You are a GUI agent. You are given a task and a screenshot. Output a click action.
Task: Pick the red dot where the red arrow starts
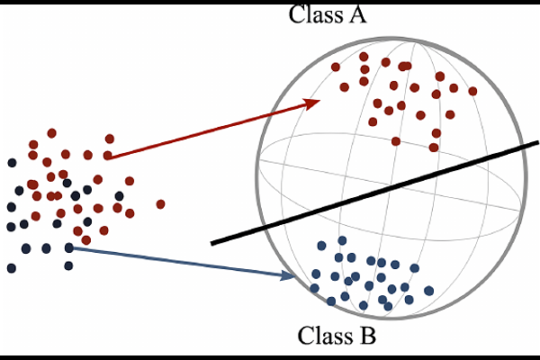tap(107, 155)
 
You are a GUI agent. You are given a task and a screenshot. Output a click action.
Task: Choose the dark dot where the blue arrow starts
tap(68, 247)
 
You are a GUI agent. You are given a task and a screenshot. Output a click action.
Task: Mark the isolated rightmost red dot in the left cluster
tap(160, 203)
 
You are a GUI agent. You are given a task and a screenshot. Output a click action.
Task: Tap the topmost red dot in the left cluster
tap(52, 133)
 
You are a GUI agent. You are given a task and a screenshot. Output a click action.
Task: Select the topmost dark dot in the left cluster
tap(12, 163)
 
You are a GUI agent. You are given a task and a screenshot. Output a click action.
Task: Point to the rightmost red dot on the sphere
tap(472, 91)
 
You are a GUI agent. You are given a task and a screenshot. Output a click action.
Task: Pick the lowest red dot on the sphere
tap(434, 147)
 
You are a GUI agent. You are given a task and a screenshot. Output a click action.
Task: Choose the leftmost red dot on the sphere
tap(335, 67)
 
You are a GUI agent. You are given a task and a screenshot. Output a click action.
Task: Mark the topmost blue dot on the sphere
tap(342, 240)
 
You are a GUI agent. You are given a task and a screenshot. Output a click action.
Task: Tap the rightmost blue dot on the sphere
tap(428, 290)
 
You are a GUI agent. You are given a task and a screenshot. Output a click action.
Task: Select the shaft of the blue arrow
tap(180, 261)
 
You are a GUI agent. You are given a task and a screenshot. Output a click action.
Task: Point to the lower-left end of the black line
tap(214, 242)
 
